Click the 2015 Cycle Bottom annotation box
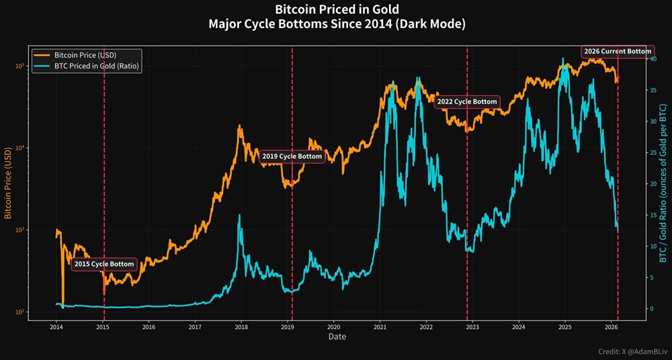(x=104, y=265)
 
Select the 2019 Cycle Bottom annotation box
(x=292, y=156)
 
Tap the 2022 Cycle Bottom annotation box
(x=467, y=102)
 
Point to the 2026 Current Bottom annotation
(x=618, y=52)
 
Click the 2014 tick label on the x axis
(x=56, y=327)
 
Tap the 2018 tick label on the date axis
(x=241, y=327)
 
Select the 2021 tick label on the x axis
(x=380, y=327)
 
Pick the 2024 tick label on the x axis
(x=518, y=327)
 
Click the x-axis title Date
(x=337, y=336)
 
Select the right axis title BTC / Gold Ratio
(x=663, y=183)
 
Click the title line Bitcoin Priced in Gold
(x=337, y=9)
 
